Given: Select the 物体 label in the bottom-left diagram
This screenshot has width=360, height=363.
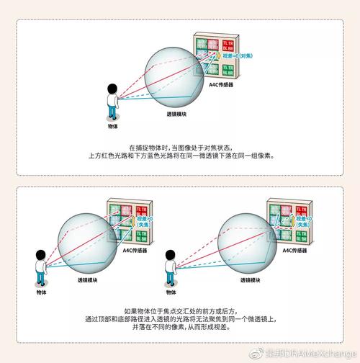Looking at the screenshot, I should click(x=41, y=292).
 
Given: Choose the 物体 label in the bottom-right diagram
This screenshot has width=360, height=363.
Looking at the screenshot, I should click(x=171, y=292).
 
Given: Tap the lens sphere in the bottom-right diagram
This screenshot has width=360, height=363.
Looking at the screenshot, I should click(x=248, y=238).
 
